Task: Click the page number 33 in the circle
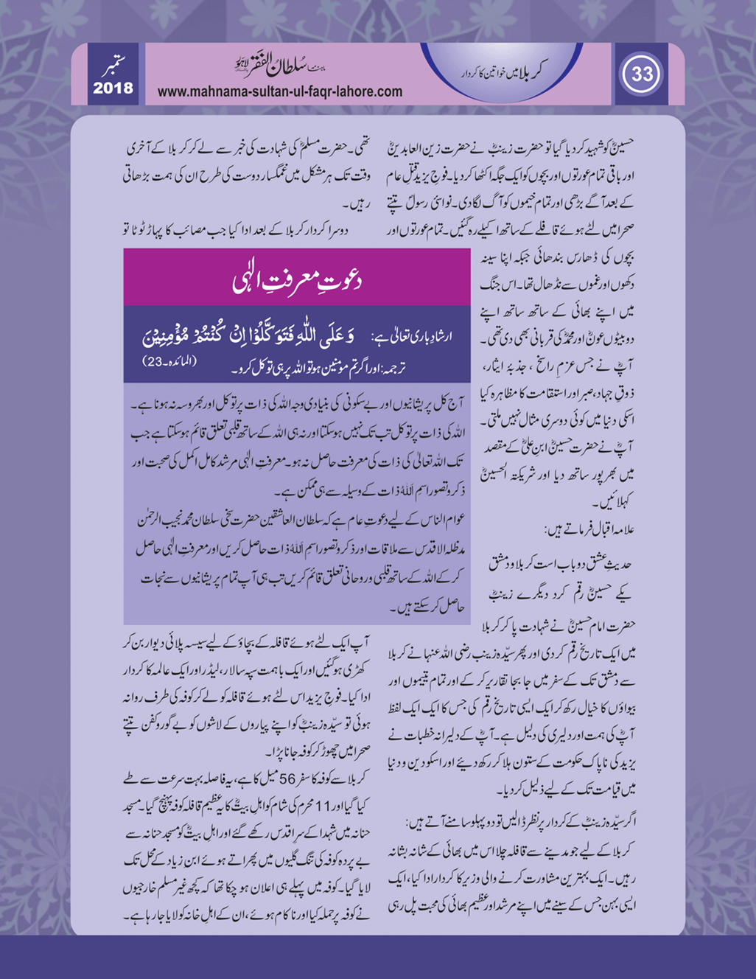point(641,74)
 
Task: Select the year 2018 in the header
point(113,88)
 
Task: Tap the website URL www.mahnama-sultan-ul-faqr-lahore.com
point(280,92)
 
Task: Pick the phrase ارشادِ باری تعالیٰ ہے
point(419,337)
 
